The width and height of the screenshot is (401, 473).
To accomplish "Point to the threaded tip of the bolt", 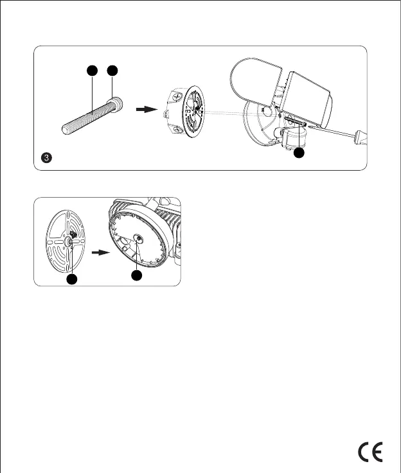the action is point(67,128).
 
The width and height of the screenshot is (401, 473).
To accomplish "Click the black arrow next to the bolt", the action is point(146,110).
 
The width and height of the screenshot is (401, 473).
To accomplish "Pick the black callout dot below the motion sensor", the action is point(298,154).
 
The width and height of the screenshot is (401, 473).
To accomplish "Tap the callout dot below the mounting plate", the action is point(72,279).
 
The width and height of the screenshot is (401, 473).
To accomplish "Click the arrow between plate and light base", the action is point(98,253).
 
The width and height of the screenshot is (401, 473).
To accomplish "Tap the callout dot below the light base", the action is point(136,275).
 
